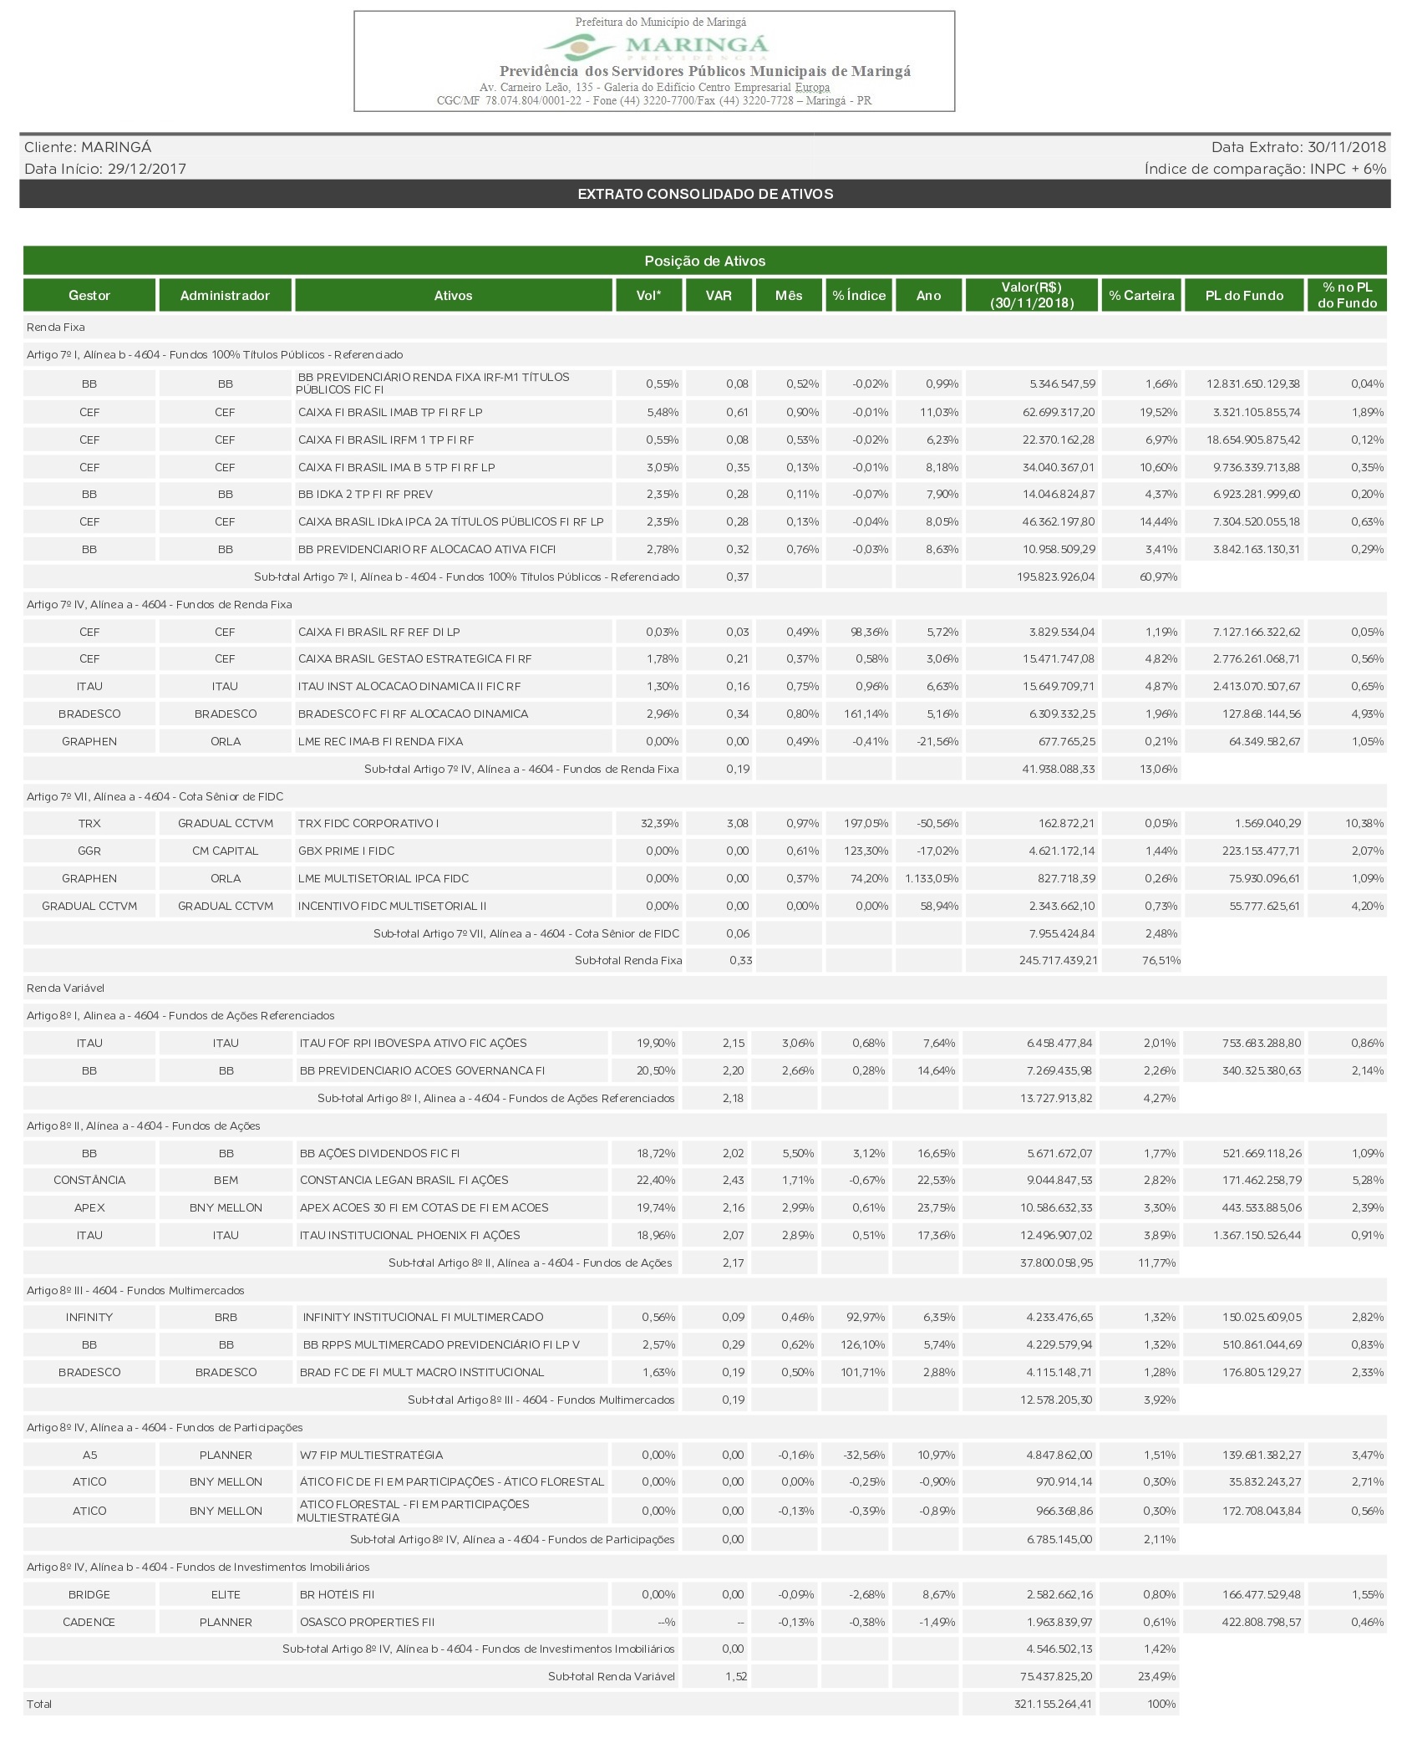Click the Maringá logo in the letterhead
656,46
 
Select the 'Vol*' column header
648,295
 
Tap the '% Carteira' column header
1141,295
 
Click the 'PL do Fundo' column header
1244,295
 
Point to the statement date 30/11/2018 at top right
1346,147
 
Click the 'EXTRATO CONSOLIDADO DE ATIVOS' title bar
705,194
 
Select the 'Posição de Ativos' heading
705,261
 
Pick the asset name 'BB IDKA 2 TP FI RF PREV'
365,494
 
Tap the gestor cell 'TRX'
89,823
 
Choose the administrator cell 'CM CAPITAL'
225,851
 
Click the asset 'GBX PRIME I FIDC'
346,851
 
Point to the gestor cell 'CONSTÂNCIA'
89,1180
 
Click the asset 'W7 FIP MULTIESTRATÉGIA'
371,1455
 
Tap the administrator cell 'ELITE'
226,1594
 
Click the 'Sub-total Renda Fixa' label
628,960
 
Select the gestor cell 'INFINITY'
89,1317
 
